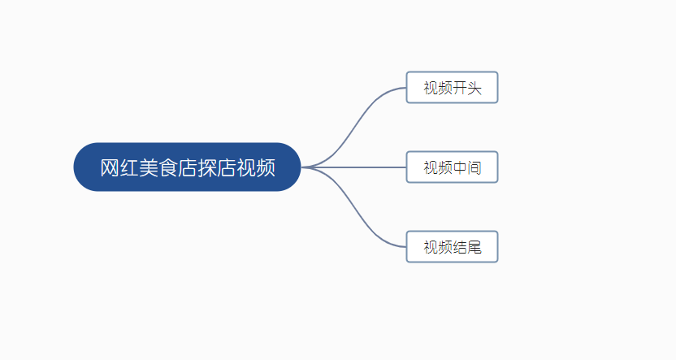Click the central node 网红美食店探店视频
[x=187, y=167]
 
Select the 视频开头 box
[x=452, y=88]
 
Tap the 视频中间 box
[x=452, y=167]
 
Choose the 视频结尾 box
[x=452, y=247]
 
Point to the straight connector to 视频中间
[x=357, y=167]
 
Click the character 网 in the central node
[x=110, y=168]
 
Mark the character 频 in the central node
[x=265, y=168]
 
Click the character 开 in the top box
[x=460, y=88]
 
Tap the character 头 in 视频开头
[x=474, y=88]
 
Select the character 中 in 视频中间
[x=460, y=168]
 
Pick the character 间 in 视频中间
[x=474, y=168]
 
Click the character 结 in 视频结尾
[x=460, y=248]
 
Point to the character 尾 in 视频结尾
[x=474, y=248]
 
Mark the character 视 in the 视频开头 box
[x=431, y=88]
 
